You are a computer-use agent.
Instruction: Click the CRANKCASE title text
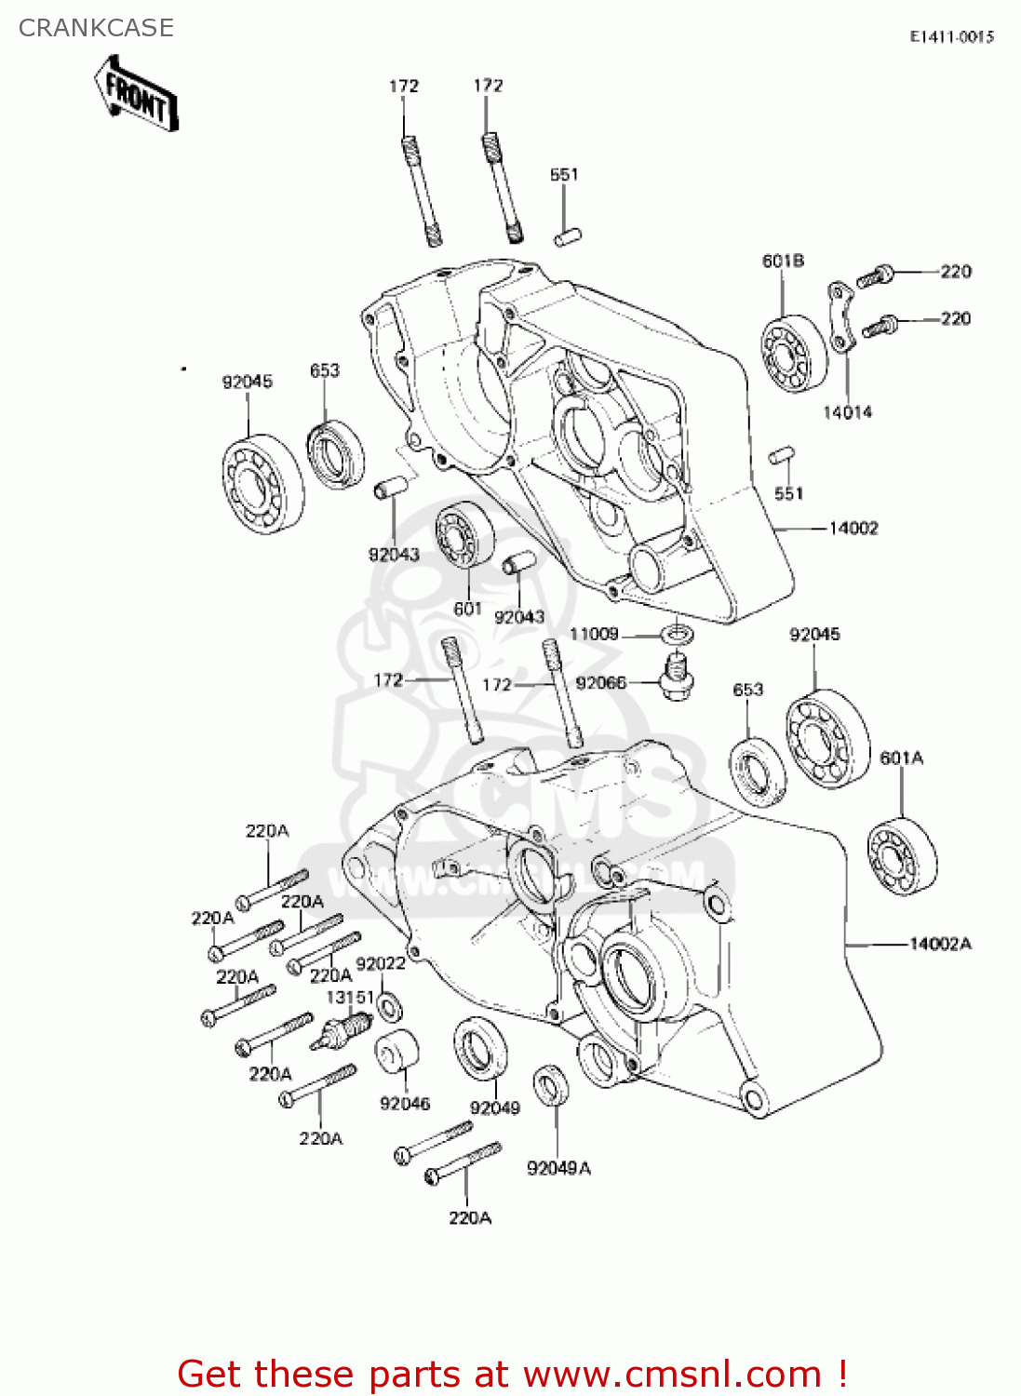pyautogui.click(x=96, y=28)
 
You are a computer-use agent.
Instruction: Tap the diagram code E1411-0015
pyautogui.click(x=951, y=36)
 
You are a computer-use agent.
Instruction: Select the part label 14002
pyautogui.click(x=853, y=529)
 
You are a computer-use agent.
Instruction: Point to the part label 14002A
pyautogui.click(x=940, y=944)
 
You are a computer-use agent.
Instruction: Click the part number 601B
pyautogui.click(x=783, y=261)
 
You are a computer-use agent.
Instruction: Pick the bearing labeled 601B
pyautogui.click(x=793, y=354)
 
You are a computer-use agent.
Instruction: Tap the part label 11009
pyautogui.click(x=594, y=634)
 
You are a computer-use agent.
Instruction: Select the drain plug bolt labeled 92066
pyautogui.click(x=677, y=677)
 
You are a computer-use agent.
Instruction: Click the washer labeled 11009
pyautogui.click(x=678, y=635)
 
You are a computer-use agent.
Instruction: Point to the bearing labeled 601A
pyautogui.click(x=901, y=855)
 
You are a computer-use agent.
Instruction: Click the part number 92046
pyautogui.click(x=405, y=1104)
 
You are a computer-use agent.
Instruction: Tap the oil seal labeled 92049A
pyautogui.click(x=551, y=1086)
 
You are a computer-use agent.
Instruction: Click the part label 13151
pyautogui.click(x=350, y=997)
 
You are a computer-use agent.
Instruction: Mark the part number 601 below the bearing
pyautogui.click(x=467, y=609)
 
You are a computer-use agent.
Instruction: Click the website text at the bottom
pyautogui.click(x=512, y=1374)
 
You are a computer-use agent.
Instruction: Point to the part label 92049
pyautogui.click(x=495, y=1107)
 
